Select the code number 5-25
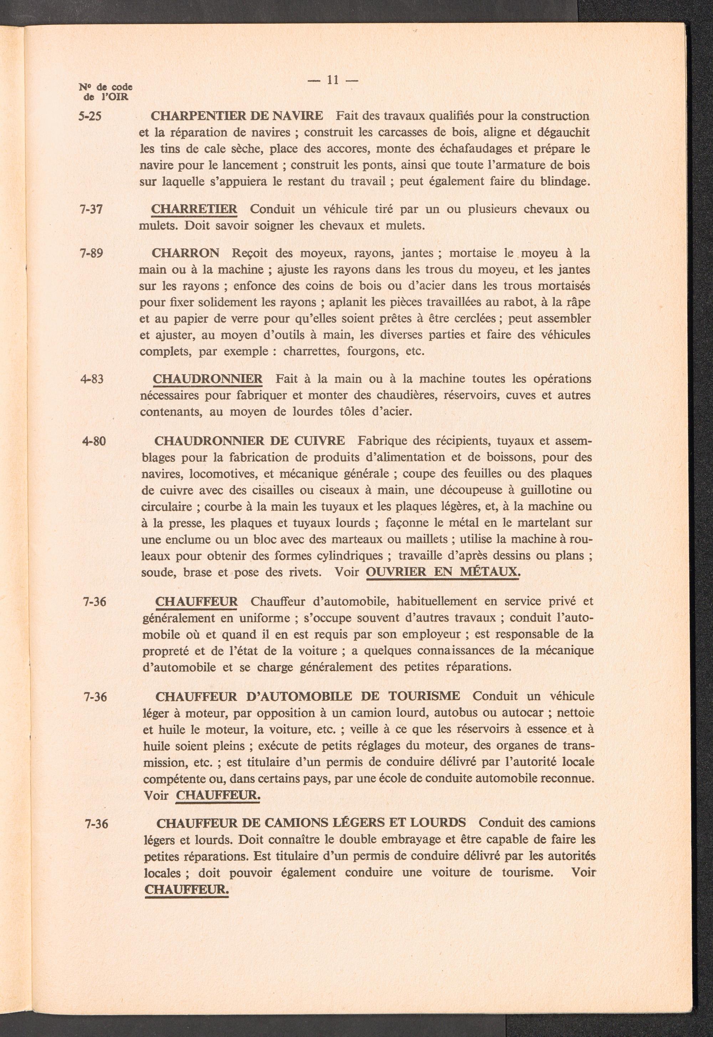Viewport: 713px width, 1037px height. point(90,117)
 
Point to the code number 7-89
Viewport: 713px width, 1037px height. point(91,253)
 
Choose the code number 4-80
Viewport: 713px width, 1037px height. point(94,441)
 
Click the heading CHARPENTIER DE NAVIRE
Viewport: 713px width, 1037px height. point(237,116)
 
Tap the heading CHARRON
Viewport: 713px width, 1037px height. point(185,253)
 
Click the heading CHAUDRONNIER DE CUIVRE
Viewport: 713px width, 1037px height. point(249,441)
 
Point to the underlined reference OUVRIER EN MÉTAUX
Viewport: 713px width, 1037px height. point(442,572)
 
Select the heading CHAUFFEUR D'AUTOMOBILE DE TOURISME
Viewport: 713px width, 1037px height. point(307,696)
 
